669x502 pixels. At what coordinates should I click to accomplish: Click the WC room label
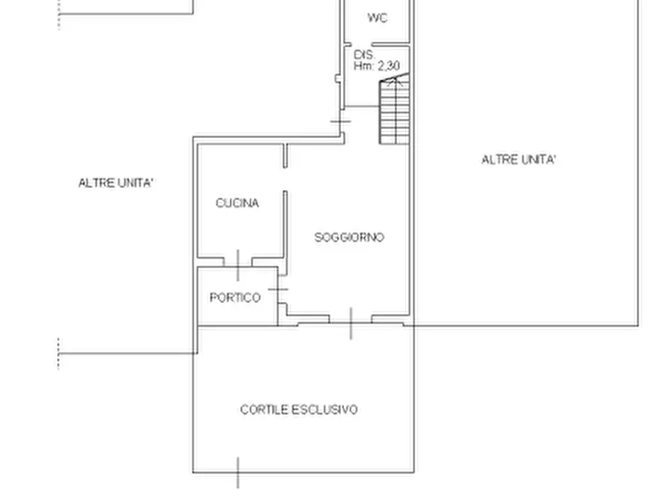[x=377, y=18]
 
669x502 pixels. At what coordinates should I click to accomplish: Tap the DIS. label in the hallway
[x=364, y=55]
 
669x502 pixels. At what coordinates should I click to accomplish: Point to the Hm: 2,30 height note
[x=376, y=66]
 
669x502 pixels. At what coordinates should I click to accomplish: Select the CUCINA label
[x=237, y=203]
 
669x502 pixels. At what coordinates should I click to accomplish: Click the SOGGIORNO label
[x=349, y=238]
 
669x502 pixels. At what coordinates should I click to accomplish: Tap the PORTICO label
[x=235, y=297]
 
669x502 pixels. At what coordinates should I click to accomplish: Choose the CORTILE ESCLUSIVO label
[x=299, y=410]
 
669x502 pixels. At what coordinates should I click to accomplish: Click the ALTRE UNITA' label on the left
[x=115, y=183]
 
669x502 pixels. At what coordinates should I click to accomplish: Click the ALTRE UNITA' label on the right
[x=519, y=160]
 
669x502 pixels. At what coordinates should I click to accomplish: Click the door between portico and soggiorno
[x=278, y=289]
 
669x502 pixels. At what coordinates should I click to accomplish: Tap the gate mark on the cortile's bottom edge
[x=238, y=473]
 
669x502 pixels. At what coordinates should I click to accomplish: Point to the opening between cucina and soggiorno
[x=285, y=179]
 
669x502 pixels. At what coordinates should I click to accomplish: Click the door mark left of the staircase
[x=341, y=121]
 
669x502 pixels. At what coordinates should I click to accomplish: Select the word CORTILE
[x=264, y=410]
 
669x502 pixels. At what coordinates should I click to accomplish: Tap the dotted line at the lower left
[x=58, y=354]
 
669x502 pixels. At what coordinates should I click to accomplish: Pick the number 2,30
[x=389, y=66]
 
